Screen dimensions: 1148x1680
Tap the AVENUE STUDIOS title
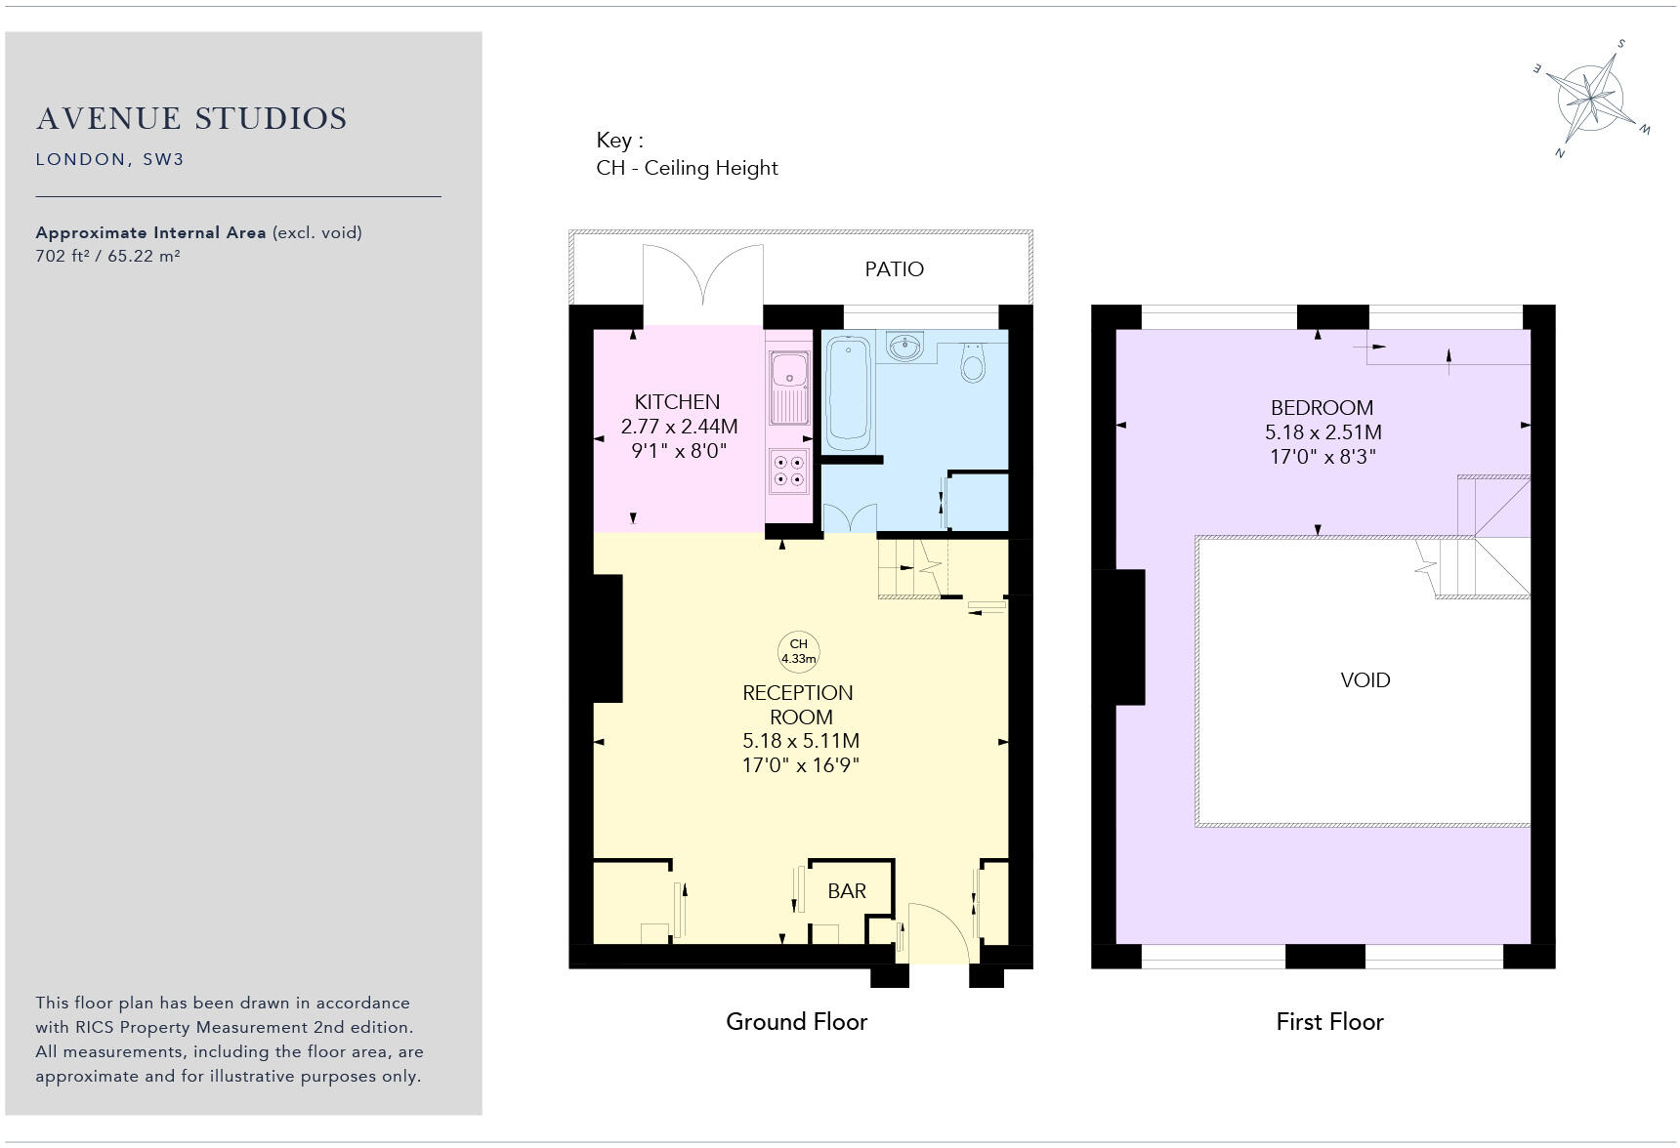tap(191, 119)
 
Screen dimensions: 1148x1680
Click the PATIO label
tap(894, 269)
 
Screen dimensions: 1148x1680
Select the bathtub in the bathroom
tap(848, 392)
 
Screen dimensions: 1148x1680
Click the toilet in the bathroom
tap(973, 362)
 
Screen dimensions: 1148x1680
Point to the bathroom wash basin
tap(905, 347)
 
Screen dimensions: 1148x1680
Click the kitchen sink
tap(788, 389)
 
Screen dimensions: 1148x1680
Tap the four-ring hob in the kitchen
tap(788, 471)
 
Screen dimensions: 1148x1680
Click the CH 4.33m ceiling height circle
tap(798, 651)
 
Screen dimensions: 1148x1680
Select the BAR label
tap(846, 891)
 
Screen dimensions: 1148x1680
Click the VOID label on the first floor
tap(1365, 680)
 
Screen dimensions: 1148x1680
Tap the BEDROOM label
tap(1322, 408)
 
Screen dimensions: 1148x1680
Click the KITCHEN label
tap(677, 402)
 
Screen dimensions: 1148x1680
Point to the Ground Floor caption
tap(796, 1022)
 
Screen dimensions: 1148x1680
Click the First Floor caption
tap(1329, 1022)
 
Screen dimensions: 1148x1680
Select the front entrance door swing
tap(936, 932)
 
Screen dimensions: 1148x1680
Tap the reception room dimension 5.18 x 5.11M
tap(801, 741)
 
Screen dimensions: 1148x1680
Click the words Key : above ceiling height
tap(619, 141)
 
